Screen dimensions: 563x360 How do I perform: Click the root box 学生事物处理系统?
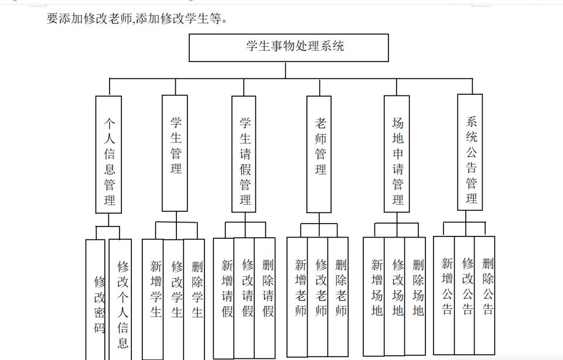click(289, 48)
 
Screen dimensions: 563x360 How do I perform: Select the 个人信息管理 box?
click(108, 155)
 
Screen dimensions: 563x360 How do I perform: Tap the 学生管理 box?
click(175, 153)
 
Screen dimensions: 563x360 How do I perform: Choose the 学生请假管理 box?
click(244, 154)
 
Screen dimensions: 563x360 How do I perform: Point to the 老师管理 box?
click(319, 154)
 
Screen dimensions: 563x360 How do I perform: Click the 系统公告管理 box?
click(470, 152)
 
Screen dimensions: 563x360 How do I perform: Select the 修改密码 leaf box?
click(95, 300)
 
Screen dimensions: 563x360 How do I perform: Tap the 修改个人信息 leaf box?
click(120, 300)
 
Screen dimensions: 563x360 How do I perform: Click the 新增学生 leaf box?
click(153, 299)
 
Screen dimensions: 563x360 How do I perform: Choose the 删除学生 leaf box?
click(195, 299)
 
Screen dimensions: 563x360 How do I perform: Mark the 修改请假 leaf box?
click(244, 298)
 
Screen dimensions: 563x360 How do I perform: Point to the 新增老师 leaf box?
click(297, 297)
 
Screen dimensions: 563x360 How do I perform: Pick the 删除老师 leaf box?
click(338, 297)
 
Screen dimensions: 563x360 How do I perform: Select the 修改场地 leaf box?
click(395, 296)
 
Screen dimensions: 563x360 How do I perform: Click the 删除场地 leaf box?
click(415, 296)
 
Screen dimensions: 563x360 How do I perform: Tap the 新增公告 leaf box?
click(444, 296)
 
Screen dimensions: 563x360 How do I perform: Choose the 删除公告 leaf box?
click(484, 296)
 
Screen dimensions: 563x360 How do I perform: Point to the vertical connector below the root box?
click(285, 70)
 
